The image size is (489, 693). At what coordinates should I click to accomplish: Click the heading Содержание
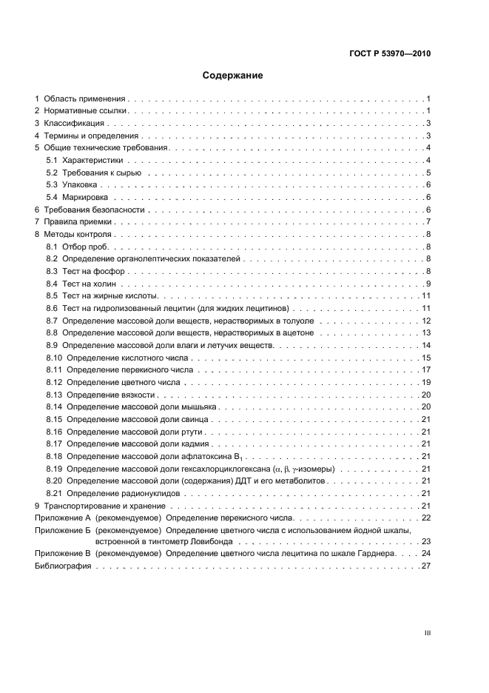pyautogui.click(x=233, y=76)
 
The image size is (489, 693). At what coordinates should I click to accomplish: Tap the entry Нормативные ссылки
pyautogui.click(x=86, y=110)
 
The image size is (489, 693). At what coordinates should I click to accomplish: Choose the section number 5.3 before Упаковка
pyautogui.click(x=52, y=184)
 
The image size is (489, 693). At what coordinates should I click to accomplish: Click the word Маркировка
pyautogui.click(x=85, y=197)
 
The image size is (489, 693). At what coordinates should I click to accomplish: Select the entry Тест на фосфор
pyautogui.click(x=87, y=271)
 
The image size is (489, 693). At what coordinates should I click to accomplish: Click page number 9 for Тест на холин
pyautogui.click(x=428, y=284)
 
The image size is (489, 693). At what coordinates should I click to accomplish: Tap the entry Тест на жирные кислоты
pyautogui.click(x=100, y=295)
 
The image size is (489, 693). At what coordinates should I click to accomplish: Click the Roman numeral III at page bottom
pyautogui.click(x=427, y=633)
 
